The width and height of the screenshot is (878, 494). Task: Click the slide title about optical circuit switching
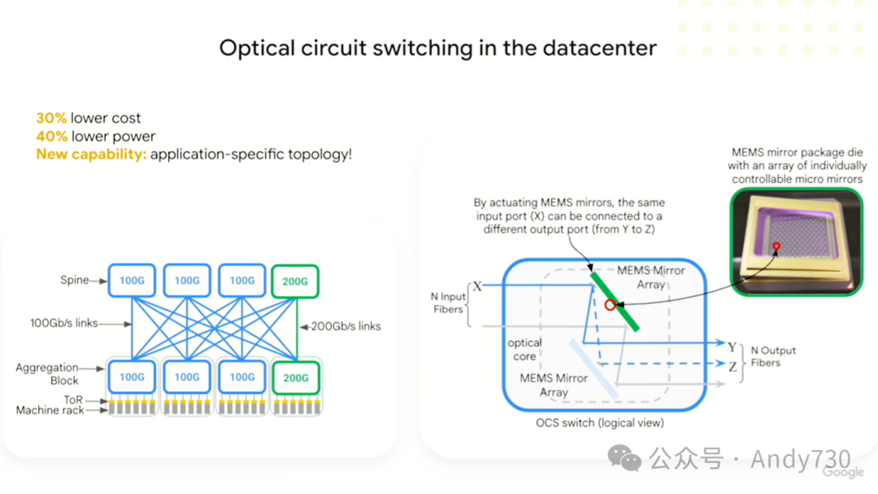437,48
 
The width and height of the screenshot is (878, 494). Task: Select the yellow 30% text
51,119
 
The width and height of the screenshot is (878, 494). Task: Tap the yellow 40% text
51,136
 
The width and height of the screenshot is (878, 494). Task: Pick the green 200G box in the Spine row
295,281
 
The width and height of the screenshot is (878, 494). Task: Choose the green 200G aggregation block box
295,377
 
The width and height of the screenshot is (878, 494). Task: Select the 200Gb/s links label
345,326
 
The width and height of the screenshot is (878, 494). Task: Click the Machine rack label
50,410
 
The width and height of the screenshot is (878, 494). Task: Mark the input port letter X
477,287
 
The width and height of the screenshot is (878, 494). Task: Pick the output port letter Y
732,347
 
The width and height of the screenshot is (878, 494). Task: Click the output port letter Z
732,366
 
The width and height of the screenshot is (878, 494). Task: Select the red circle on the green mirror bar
611,305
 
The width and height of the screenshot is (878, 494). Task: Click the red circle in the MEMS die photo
778,245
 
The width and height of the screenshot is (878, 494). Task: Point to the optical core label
524,349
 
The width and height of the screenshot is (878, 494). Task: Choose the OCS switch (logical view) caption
600,422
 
